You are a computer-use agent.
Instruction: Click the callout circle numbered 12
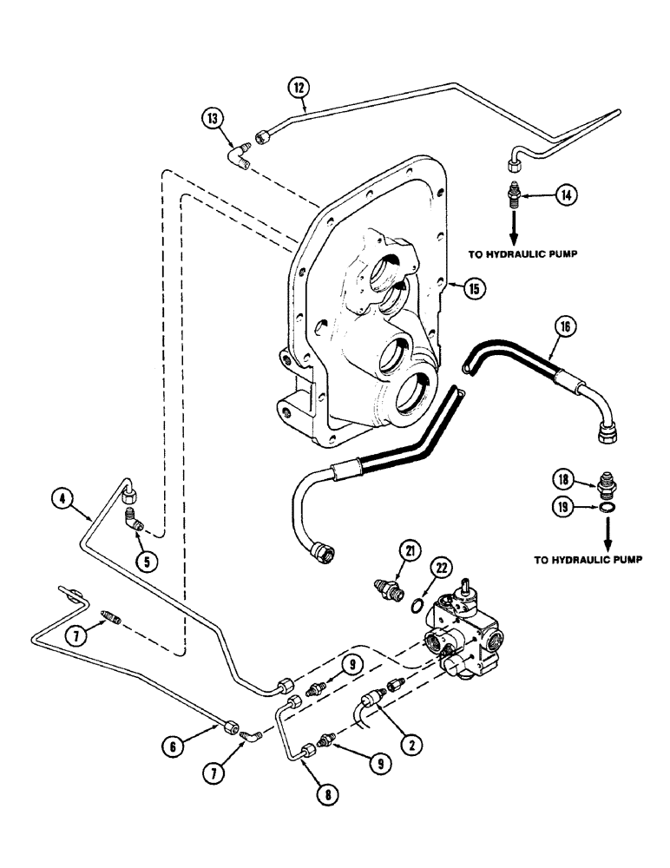299,87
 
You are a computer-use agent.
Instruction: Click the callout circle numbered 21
409,549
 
